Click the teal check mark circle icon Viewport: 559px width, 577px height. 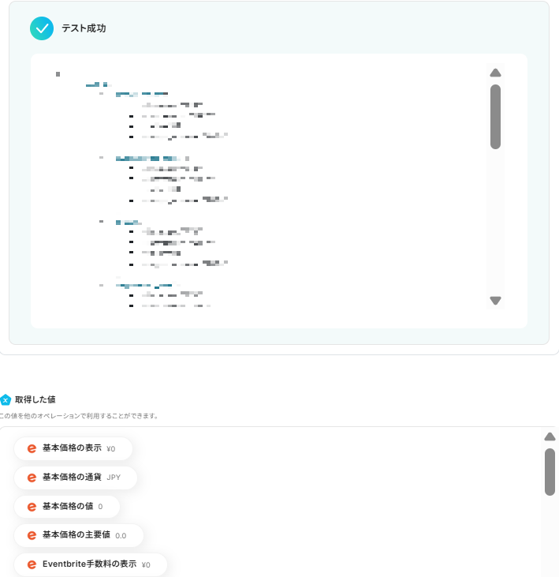[x=41, y=28]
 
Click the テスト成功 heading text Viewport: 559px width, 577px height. [x=84, y=28]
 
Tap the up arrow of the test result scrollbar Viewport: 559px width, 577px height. [x=495, y=73]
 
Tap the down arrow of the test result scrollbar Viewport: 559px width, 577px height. [x=495, y=300]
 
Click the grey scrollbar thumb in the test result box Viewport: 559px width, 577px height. [x=495, y=116]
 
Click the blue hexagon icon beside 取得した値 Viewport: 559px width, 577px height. [x=6, y=399]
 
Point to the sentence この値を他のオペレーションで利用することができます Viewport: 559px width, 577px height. [x=79, y=416]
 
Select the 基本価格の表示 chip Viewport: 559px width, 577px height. [x=73, y=448]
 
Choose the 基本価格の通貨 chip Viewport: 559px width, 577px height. [x=76, y=478]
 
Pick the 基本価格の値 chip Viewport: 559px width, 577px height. [x=67, y=506]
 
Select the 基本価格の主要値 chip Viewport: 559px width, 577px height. [x=79, y=535]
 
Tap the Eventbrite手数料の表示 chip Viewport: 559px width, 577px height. [x=90, y=564]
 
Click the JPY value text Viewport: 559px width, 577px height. [x=114, y=478]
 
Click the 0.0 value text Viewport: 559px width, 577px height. [x=121, y=535]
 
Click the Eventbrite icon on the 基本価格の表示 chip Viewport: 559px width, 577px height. [x=32, y=448]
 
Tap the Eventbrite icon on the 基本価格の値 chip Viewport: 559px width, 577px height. [x=32, y=506]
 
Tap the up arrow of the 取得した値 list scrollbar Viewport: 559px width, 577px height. [x=550, y=436]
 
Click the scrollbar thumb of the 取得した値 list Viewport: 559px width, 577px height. [x=550, y=472]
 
